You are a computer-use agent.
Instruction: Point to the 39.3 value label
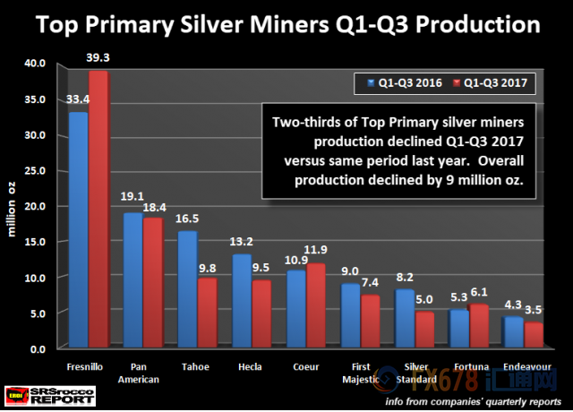click(98, 57)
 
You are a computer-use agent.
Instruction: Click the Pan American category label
click(141, 373)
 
